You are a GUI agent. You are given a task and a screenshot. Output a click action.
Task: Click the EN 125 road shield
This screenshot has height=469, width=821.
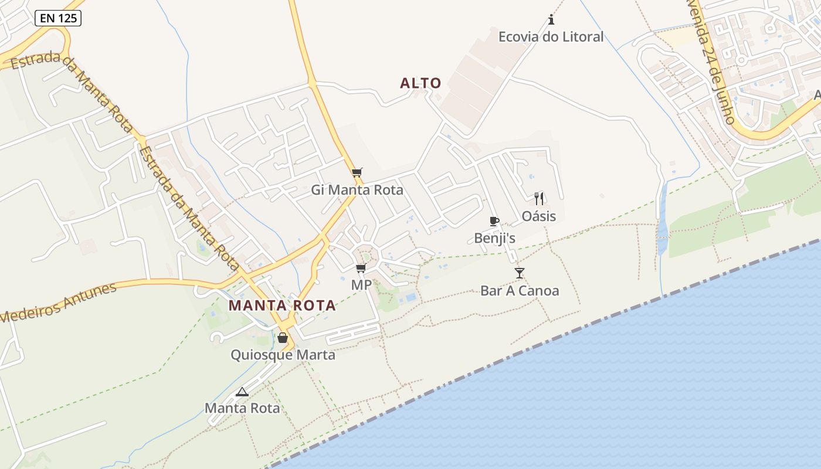[58, 18]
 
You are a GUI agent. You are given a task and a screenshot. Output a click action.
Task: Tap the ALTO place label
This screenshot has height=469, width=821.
[420, 83]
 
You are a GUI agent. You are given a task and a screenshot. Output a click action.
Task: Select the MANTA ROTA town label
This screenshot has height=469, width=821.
[282, 305]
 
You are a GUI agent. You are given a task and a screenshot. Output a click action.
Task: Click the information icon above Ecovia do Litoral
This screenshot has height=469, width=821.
[551, 20]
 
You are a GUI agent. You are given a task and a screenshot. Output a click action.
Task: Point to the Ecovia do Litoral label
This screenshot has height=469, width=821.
[551, 37]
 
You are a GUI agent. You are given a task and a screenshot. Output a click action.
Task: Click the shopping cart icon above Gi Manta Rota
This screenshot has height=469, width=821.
[357, 172]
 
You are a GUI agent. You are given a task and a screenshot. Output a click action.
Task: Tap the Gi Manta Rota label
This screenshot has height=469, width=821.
[357, 190]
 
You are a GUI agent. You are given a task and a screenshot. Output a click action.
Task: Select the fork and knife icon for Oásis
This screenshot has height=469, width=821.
[539, 198]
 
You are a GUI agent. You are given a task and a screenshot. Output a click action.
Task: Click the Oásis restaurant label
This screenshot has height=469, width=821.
[539, 216]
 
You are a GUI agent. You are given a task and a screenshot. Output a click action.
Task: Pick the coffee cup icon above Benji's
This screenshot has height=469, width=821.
[494, 221]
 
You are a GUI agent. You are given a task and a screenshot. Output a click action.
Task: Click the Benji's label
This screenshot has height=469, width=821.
[494, 238]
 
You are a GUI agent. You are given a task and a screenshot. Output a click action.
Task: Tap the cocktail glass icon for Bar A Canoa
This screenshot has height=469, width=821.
[520, 273]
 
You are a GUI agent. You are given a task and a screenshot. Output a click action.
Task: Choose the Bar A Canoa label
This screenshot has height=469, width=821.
[520, 290]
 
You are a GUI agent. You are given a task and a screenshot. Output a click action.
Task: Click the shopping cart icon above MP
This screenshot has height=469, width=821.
[361, 268]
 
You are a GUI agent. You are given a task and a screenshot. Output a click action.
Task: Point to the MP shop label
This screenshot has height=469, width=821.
[361, 285]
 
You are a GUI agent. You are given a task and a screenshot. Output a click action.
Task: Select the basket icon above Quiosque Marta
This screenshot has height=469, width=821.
[283, 338]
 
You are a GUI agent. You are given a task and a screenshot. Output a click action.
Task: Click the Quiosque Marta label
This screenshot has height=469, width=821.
[283, 355]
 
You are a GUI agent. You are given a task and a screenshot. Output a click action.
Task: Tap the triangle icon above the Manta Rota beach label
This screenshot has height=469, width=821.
[242, 392]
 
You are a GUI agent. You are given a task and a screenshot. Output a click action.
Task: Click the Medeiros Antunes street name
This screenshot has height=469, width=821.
[59, 303]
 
